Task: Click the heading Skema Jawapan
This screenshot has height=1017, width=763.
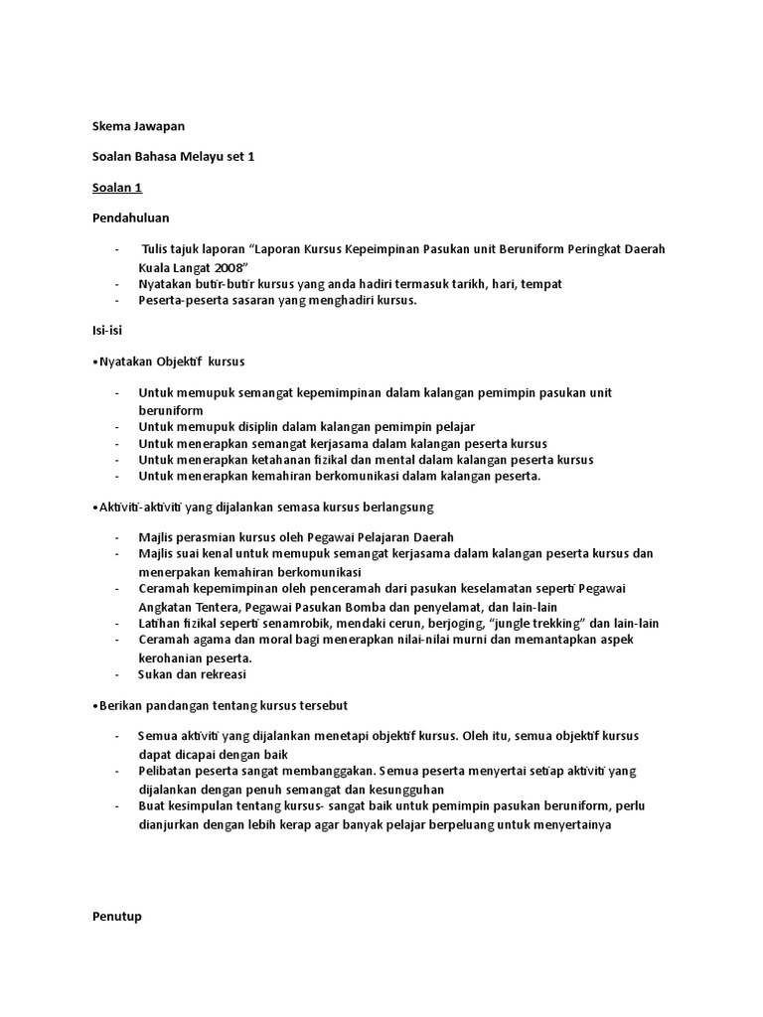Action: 138,126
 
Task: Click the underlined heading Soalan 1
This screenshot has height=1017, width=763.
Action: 117,188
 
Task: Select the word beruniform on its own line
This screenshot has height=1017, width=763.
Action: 171,410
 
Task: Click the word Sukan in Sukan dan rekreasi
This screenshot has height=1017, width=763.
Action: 157,674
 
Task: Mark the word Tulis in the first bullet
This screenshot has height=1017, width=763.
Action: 159,249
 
